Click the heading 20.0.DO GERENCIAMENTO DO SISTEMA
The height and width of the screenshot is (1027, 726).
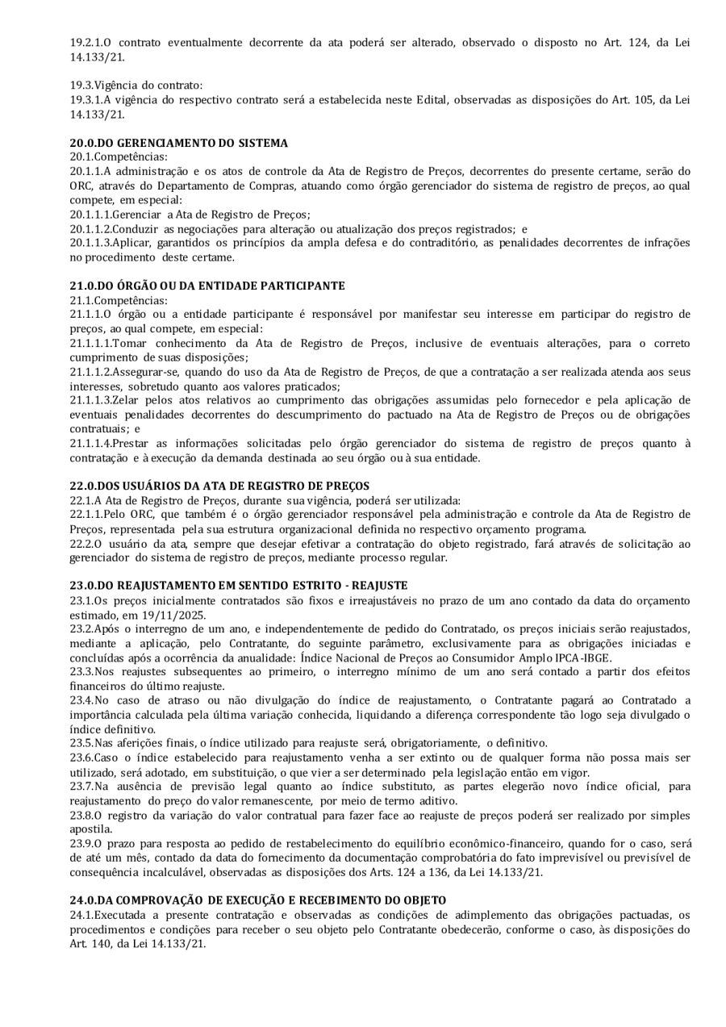pyautogui.click(x=178, y=143)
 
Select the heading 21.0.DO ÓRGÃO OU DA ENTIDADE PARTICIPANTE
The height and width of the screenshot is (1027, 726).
pyautogui.click(x=207, y=286)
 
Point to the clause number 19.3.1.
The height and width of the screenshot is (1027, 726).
pyautogui.click(x=83, y=100)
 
